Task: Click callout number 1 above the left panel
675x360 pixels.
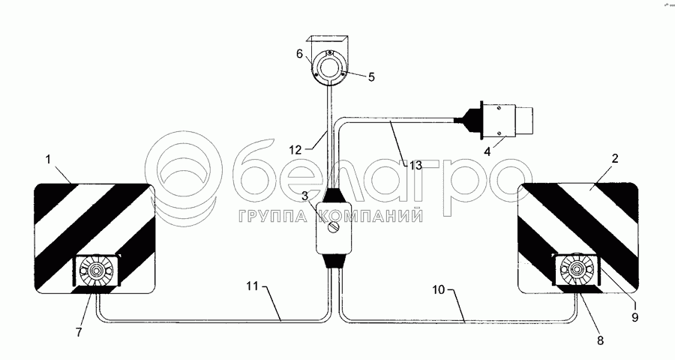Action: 48,159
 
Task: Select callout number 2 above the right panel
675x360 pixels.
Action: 615,158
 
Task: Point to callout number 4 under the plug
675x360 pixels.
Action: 487,152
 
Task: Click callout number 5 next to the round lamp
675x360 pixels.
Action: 371,77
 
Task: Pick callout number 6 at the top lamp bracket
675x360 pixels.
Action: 299,53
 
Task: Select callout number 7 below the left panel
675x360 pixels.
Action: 78,332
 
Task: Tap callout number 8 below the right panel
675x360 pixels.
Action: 600,340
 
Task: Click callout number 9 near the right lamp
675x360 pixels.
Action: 635,317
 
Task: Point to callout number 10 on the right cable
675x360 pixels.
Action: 439,289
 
